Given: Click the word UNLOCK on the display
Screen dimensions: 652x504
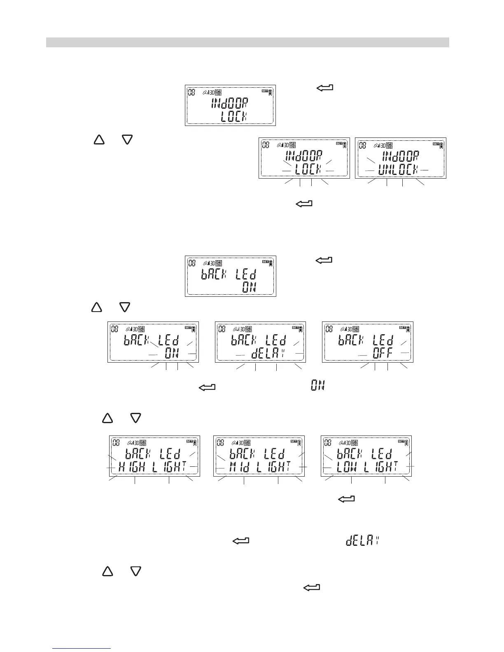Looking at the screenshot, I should point(398,170).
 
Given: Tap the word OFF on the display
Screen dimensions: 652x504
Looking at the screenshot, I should point(382,353).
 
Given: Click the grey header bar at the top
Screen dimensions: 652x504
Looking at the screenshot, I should point(247,42).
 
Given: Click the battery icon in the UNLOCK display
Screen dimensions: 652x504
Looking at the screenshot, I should point(441,145).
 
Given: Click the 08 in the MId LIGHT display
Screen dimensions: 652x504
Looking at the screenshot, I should point(221,443).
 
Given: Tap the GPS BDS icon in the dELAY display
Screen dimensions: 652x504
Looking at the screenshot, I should point(250,329).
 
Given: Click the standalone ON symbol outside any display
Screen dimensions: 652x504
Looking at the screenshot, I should point(317,386).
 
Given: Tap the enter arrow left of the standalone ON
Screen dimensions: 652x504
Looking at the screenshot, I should point(208,387).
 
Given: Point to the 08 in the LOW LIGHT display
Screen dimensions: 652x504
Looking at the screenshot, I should point(328,443).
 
